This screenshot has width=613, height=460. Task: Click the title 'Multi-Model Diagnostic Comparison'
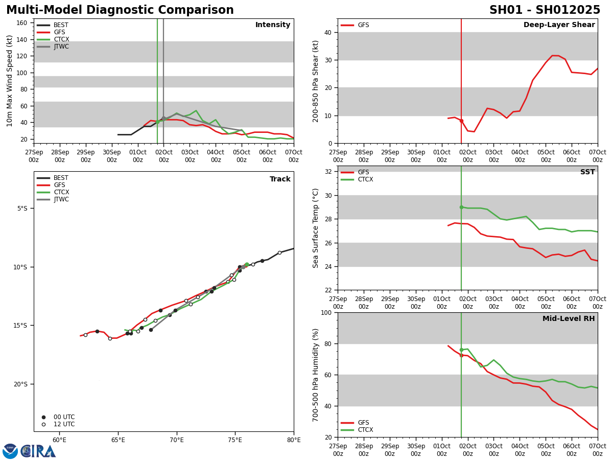(x=120, y=10)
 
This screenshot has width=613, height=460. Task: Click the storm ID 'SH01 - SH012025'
(x=545, y=10)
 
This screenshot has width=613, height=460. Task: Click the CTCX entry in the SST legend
(x=365, y=179)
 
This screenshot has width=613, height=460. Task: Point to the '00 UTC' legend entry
(x=64, y=417)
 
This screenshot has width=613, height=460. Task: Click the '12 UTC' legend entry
(x=64, y=424)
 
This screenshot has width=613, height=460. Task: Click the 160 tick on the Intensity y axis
(x=22, y=22)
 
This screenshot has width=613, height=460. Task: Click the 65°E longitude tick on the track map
(x=118, y=440)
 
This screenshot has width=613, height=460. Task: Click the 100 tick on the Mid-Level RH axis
(x=325, y=312)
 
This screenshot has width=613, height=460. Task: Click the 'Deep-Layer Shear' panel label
(x=559, y=25)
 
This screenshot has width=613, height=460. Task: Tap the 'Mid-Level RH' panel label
(x=568, y=319)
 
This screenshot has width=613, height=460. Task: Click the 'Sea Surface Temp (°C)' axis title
(x=316, y=228)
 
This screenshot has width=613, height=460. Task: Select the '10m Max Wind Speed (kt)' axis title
(x=10, y=81)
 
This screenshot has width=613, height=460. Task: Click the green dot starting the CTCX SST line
(x=461, y=207)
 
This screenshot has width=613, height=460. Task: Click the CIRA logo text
(x=38, y=451)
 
